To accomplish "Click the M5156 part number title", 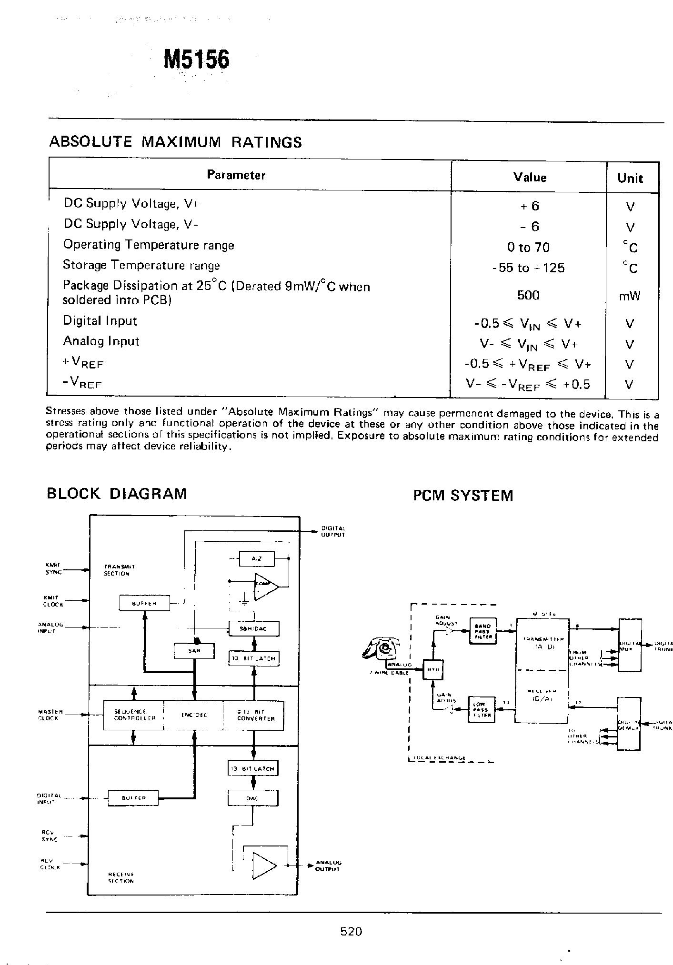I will point(196,60).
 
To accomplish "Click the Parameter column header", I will point(236,175).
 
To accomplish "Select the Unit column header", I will point(630,179).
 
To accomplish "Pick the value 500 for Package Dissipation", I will point(528,295).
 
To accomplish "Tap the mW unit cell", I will point(630,297).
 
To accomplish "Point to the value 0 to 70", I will point(528,248).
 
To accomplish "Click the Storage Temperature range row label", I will point(141,265).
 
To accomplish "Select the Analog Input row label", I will point(101,341).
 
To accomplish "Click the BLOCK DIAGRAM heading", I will point(116,493).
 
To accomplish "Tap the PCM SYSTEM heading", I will point(463,495).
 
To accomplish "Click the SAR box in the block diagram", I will point(194,651).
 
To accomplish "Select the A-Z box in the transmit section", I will point(256,559).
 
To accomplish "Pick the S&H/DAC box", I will point(254,628).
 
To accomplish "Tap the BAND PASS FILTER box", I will point(483,631).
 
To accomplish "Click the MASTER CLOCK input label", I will point(48,715).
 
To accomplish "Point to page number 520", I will point(352,931).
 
